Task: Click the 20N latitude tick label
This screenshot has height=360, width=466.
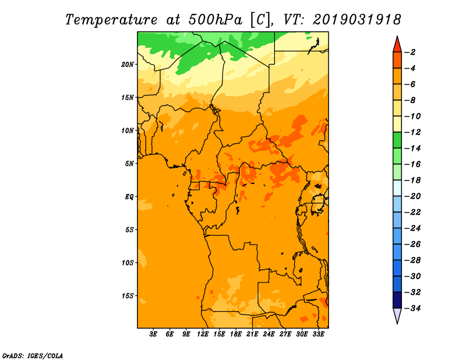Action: [128, 65]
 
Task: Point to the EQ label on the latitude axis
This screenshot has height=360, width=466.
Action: [129, 197]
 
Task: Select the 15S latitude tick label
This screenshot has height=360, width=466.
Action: [128, 296]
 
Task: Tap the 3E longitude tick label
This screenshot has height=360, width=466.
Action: [153, 334]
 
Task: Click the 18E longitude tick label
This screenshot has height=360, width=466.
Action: [236, 334]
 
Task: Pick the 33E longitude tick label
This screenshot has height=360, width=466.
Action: [318, 334]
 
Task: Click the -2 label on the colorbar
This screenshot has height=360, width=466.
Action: [410, 52]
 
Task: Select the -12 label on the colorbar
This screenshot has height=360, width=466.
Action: [412, 132]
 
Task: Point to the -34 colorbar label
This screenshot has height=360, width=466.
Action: [412, 308]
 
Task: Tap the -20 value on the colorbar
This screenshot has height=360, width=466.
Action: [412, 196]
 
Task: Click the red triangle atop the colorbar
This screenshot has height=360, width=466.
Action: [397, 45]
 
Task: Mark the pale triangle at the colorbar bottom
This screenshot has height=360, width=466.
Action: [397, 315]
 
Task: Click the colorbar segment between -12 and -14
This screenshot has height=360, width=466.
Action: [397, 140]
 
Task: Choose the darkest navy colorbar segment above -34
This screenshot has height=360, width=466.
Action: [397, 300]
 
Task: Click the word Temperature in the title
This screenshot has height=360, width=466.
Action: [111, 20]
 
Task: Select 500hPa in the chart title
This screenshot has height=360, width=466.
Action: [215, 20]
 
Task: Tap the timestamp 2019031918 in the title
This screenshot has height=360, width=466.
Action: [357, 20]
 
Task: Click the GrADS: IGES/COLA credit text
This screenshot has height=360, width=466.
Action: [33, 356]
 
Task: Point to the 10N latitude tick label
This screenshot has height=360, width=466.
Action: [128, 130]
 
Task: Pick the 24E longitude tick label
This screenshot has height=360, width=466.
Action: [269, 334]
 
